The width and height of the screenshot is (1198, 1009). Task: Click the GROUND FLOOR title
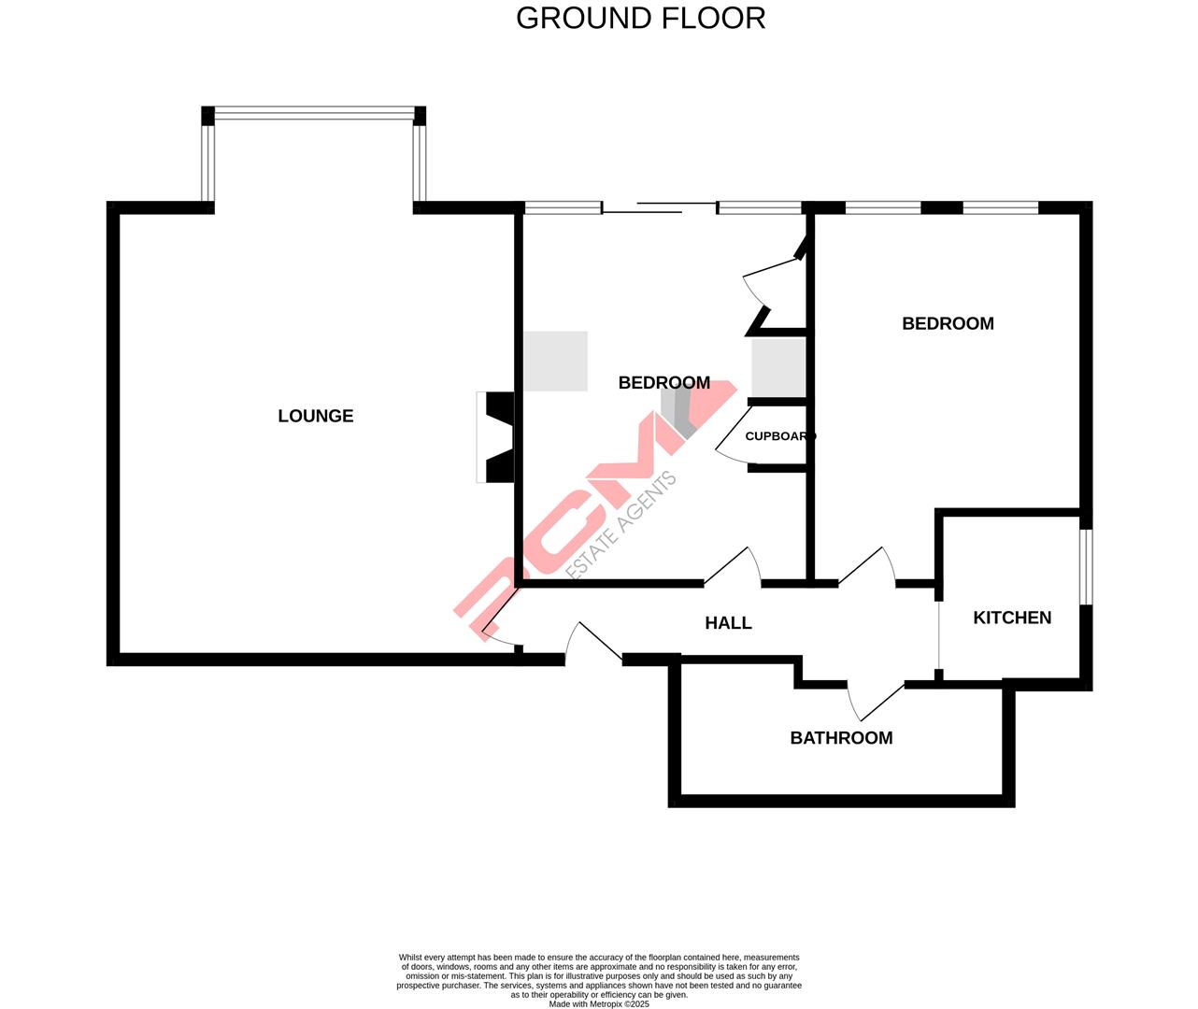[x=640, y=18]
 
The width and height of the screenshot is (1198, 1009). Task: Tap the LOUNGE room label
[x=316, y=417]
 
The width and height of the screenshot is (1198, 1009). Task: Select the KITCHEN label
[x=1012, y=618]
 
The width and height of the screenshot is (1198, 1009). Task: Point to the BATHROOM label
[x=841, y=738]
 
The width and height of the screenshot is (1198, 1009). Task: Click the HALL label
[x=728, y=623]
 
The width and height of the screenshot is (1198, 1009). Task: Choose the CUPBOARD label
[x=779, y=436]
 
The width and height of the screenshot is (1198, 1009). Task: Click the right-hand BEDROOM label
[x=948, y=324]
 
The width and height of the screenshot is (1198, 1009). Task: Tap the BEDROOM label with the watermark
[x=663, y=383]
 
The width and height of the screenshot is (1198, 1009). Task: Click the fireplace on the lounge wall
[x=495, y=436]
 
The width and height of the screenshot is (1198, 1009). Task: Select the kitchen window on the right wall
[x=1085, y=567]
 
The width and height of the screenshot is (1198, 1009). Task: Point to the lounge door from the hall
[x=500, y=622]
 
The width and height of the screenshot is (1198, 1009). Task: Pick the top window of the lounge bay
[x=313, y=115]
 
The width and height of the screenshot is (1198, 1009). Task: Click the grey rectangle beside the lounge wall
[x=555, y=361]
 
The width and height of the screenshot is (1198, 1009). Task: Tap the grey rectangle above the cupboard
[x=778, y=367]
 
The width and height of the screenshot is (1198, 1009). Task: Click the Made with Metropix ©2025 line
[x=598, y=1004]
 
